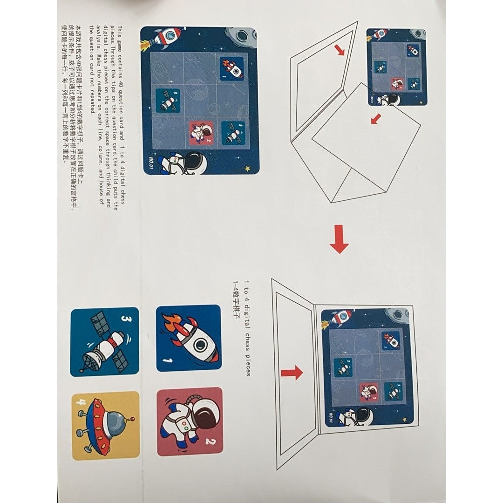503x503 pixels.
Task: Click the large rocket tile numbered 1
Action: tap(188, 339)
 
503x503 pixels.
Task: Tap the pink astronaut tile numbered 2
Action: tap(190, 421)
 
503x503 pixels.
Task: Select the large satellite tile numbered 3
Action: tap(105, 341)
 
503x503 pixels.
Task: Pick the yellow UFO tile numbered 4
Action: tap(106, 426)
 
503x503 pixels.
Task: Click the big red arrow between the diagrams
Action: tap(339, 239)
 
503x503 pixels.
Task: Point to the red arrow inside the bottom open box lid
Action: tap(292, 373)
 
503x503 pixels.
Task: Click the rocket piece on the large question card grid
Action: tap(232, 68)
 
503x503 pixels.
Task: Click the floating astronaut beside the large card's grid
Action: tap(179, 163)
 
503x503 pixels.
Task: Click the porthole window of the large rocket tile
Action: tap(200, 345)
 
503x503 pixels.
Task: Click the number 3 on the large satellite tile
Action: tap(125, 319)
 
